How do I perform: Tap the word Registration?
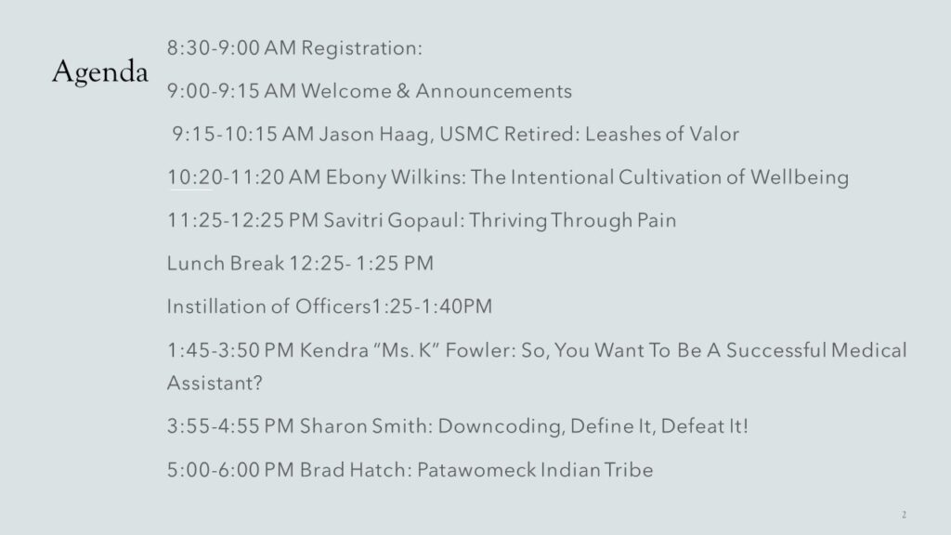(x=361, y=48)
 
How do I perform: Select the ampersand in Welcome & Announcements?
(x=403, y=91)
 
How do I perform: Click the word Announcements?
(x=494, y=91)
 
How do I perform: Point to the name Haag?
(x=407, y=135)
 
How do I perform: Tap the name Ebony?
(x=356, y=177)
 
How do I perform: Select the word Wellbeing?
(x=800, y=177)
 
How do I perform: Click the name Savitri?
(x=352, y=220)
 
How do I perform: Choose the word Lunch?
(x=195, y=263)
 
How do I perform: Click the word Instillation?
(x=215, y=307)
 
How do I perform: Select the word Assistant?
(x=215, y=383)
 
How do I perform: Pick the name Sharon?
(x=333, y=425)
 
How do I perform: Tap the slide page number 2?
(x=904, y=515)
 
